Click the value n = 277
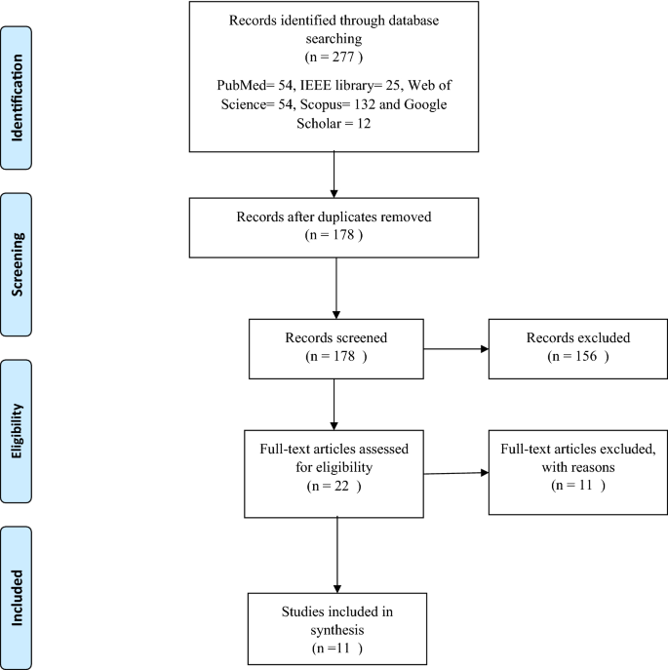(334, 60)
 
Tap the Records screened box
(335, 348)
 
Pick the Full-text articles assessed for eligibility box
(335, 474)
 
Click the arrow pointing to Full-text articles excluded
(456, 474)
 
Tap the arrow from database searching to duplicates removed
(335, 176)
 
